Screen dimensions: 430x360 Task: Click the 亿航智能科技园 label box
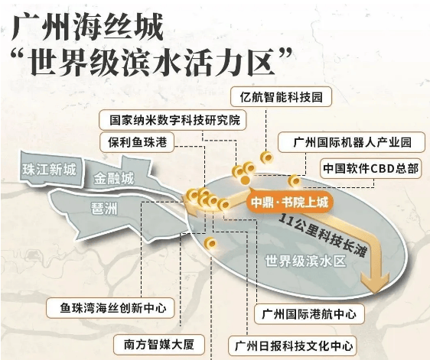tap(281, 97)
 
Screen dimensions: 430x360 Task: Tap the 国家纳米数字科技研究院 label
tap(173, 120)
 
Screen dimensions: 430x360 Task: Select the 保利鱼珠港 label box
tap(137, 142)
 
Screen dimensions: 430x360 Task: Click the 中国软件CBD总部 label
tap(370, 168)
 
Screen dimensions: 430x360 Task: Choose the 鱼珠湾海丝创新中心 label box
tap(110, 308)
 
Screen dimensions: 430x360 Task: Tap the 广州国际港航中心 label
tap(309, 314)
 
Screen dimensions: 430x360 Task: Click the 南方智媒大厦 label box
tap(159, 345)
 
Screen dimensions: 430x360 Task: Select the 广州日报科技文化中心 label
tap(292, 345)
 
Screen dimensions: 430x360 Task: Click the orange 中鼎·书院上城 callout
tap(289, 203)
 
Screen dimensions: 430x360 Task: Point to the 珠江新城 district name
tap(49, 170)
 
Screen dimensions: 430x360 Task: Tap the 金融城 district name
tap(113, 179)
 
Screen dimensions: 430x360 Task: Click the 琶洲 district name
tap(104, 209)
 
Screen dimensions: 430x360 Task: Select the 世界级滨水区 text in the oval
tap(306, 261)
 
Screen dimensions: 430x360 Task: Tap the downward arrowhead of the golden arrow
tap(375, 281)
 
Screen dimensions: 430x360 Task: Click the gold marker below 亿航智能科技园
tap(266, 157)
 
